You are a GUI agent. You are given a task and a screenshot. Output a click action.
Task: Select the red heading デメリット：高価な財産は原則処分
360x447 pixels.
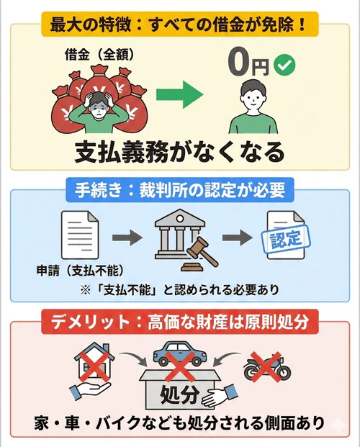click(179, 323)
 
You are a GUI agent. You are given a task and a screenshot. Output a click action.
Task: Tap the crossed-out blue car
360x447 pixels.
click(179, 356)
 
